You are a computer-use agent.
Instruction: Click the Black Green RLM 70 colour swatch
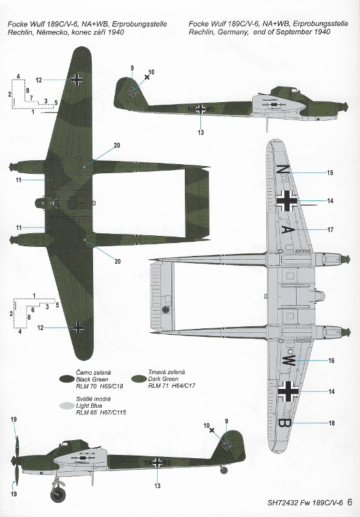click(67, 379)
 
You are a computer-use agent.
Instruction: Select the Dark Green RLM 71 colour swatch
click(139, 379)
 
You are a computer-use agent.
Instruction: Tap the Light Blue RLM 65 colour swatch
click(67, 406)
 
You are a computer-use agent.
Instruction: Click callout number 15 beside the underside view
click(330, 173)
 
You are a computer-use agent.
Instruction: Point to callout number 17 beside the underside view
click(330, 230)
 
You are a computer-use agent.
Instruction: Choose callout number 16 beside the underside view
click(332, 361)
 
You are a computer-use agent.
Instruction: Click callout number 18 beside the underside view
click(332, 423)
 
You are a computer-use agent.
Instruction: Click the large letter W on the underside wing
click(288, 361)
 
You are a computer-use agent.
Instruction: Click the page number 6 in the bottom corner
click(350, 502)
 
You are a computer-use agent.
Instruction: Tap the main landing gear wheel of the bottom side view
click(58, 494)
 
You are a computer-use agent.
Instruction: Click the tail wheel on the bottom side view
click(224, 470)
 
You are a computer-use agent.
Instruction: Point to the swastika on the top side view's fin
click(133, 92)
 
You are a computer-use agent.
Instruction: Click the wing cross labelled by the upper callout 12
click(77, 79)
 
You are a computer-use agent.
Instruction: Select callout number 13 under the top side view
click(201, 132)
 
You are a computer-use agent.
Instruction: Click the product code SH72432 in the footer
click(283, 503)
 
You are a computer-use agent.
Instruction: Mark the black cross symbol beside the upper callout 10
click(147, 77)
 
